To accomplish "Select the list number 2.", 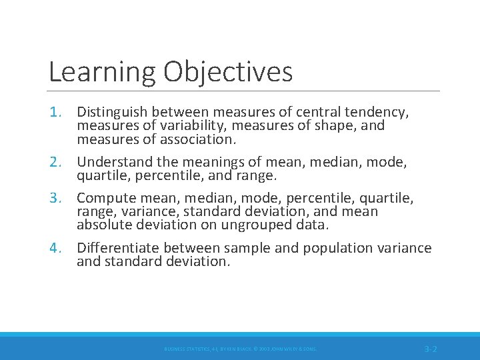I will [56, 162].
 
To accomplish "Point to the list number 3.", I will [56, 198].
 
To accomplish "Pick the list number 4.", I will [56, 248].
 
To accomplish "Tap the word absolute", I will [101, 225].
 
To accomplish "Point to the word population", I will [339, 248].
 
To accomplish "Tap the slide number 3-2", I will [431, 349].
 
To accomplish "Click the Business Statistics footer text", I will [241, 349].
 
